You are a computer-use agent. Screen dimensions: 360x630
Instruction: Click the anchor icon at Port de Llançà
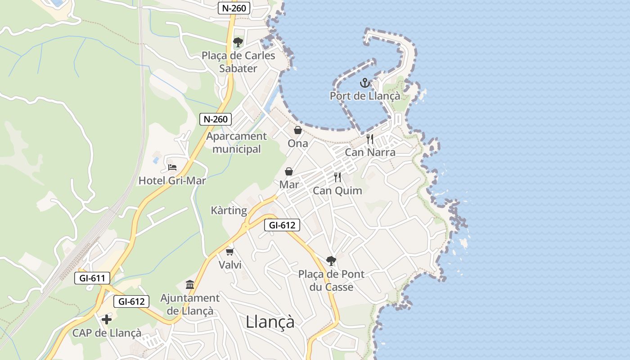pos(365,83)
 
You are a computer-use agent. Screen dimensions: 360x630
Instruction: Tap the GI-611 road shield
pos(92,278)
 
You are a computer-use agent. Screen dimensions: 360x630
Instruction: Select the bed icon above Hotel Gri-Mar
pos(172,167)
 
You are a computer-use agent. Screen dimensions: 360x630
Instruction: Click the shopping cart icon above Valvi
pos(230,252)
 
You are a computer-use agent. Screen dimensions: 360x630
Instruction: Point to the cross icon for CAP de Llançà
pos(107,319)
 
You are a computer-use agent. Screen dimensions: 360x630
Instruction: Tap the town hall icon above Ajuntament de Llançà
pos(190,285)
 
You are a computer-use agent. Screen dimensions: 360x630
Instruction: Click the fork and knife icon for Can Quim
pos(337,177)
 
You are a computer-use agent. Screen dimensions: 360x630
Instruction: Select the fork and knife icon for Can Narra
pos(370,139)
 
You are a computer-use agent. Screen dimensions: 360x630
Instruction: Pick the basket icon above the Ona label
pos(298,130)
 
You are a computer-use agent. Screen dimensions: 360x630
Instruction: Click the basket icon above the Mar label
pos(289,171)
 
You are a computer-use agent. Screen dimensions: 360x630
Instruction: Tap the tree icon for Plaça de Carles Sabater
pos(238,42)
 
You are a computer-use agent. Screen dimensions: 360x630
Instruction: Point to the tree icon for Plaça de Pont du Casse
pos(331,261)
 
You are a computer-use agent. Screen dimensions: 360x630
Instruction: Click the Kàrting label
pos(229,211)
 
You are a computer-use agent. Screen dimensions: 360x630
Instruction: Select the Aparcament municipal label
pos(237,143)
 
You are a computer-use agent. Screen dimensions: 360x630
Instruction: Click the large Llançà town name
pos(270,322)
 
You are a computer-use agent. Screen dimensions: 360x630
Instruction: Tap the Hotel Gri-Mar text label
pos(172,181)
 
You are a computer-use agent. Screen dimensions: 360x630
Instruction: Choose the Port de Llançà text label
pos(365,96)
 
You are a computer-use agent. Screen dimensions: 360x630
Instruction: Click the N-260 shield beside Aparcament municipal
pos(216,119)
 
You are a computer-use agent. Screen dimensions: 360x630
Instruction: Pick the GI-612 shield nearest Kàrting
pos(282,225)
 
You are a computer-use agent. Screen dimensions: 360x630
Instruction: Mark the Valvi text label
pos(230,265)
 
